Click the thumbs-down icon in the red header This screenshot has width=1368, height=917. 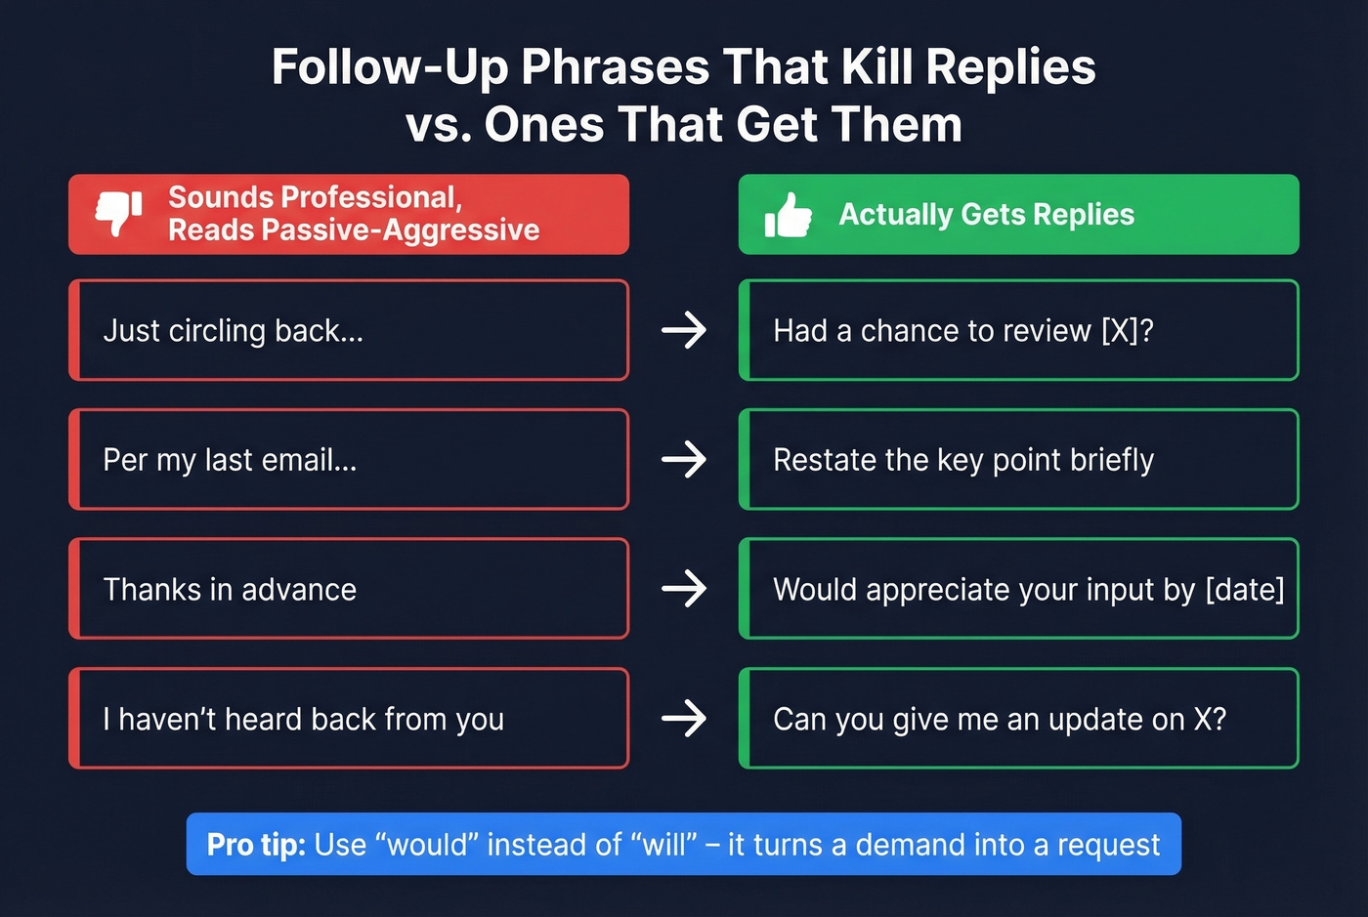coord(118,212)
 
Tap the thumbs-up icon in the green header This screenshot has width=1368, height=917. coord(788,215)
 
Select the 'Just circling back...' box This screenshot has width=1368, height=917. coord(349,330)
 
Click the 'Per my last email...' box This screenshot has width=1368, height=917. coord(349,460)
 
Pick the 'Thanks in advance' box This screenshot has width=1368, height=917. coord(349,589)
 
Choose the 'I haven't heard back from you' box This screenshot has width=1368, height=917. coord(349,719)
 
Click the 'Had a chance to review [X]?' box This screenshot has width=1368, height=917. coord(1018,330)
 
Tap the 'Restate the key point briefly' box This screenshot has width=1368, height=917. coord(1018,460)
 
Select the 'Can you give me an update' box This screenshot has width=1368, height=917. coord(1018,719)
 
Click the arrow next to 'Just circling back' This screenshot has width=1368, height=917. coord(684,330)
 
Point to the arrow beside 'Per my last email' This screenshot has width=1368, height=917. coord(684,460)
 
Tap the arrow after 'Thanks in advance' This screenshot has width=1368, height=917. coord(684,589)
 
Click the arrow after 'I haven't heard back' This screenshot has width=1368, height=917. coord(684,719)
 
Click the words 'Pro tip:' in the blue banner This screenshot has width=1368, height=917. coord(256,845)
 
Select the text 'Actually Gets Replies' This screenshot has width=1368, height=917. coord(986,215)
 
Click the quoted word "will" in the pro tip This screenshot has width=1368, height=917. coord(663,845)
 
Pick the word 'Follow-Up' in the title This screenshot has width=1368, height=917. coord(390,67)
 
